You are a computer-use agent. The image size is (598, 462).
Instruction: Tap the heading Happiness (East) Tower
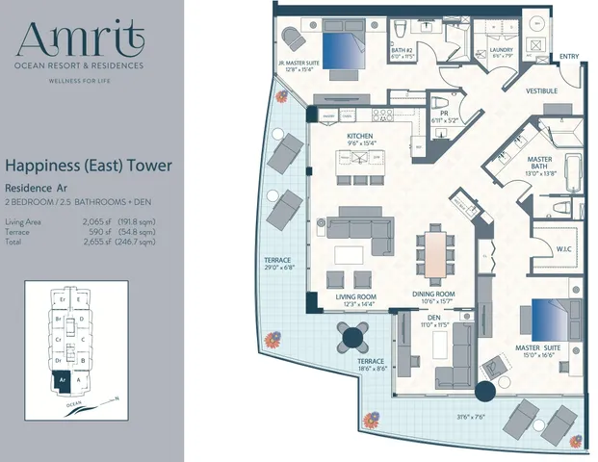click(x=89, y=166)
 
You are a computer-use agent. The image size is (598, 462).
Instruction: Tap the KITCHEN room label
click(x=360, y=138)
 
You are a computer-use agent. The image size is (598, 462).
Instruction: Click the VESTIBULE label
click(x=542, y=92)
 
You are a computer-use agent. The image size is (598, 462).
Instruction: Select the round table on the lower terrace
click(x=350, y=337)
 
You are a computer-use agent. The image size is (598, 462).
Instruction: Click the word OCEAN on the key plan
click(x=69, y=407)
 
